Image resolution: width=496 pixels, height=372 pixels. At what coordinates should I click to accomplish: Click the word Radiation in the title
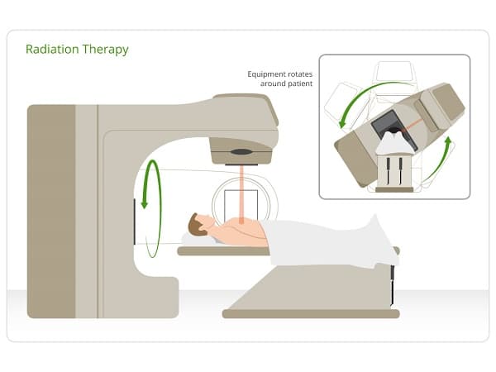(51, 50)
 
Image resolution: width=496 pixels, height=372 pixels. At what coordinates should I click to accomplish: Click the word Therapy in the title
(104, 50)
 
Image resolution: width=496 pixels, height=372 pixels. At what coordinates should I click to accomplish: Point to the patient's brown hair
(196, 223)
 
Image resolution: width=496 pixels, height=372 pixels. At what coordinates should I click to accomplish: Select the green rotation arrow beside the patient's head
(148, 186)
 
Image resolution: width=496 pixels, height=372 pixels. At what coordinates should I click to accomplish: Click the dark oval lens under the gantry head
(241, 152)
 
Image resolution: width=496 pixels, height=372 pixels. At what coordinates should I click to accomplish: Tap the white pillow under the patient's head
(192, 239)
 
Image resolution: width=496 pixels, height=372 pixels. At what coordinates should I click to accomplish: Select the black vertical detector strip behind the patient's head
(134, 222)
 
